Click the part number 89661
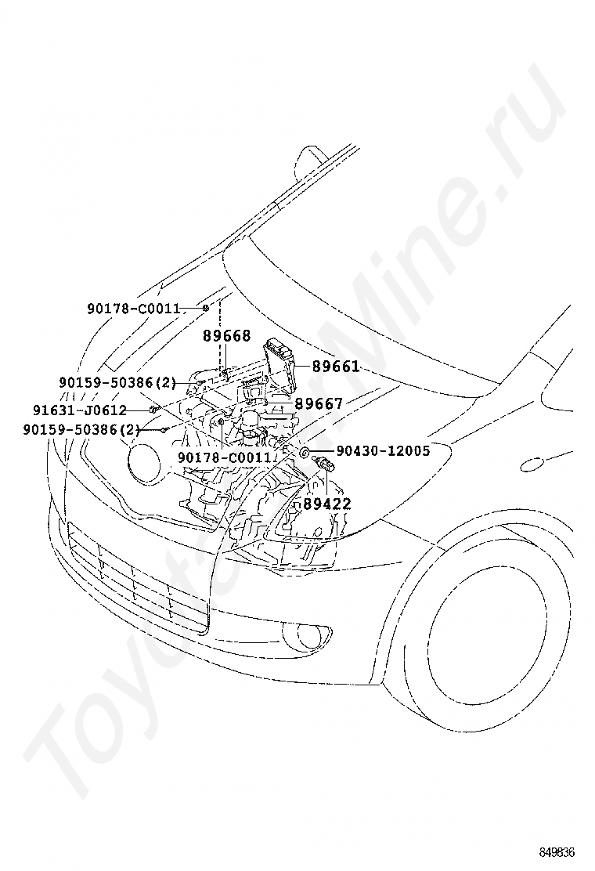(x=335, y=367)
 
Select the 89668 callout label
(x=226, y=335)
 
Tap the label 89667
(x=319, y=404)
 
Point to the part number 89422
(x=327, y=504)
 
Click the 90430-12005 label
(x=383, y=450)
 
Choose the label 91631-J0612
(x=80, y=410)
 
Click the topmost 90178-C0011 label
(x=134, y=309)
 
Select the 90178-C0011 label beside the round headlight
(x=224, y=457)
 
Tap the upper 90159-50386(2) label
(x=117, y=382)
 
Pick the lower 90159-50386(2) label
(x=81, y=429)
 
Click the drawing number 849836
(x=556, y=852)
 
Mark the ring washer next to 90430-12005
(x=305, y=451)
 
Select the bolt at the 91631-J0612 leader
(x=152, y=410)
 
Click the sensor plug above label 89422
(x=324, y=464)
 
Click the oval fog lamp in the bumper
(x=306, y=635)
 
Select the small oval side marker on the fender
(x=534, y=464)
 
